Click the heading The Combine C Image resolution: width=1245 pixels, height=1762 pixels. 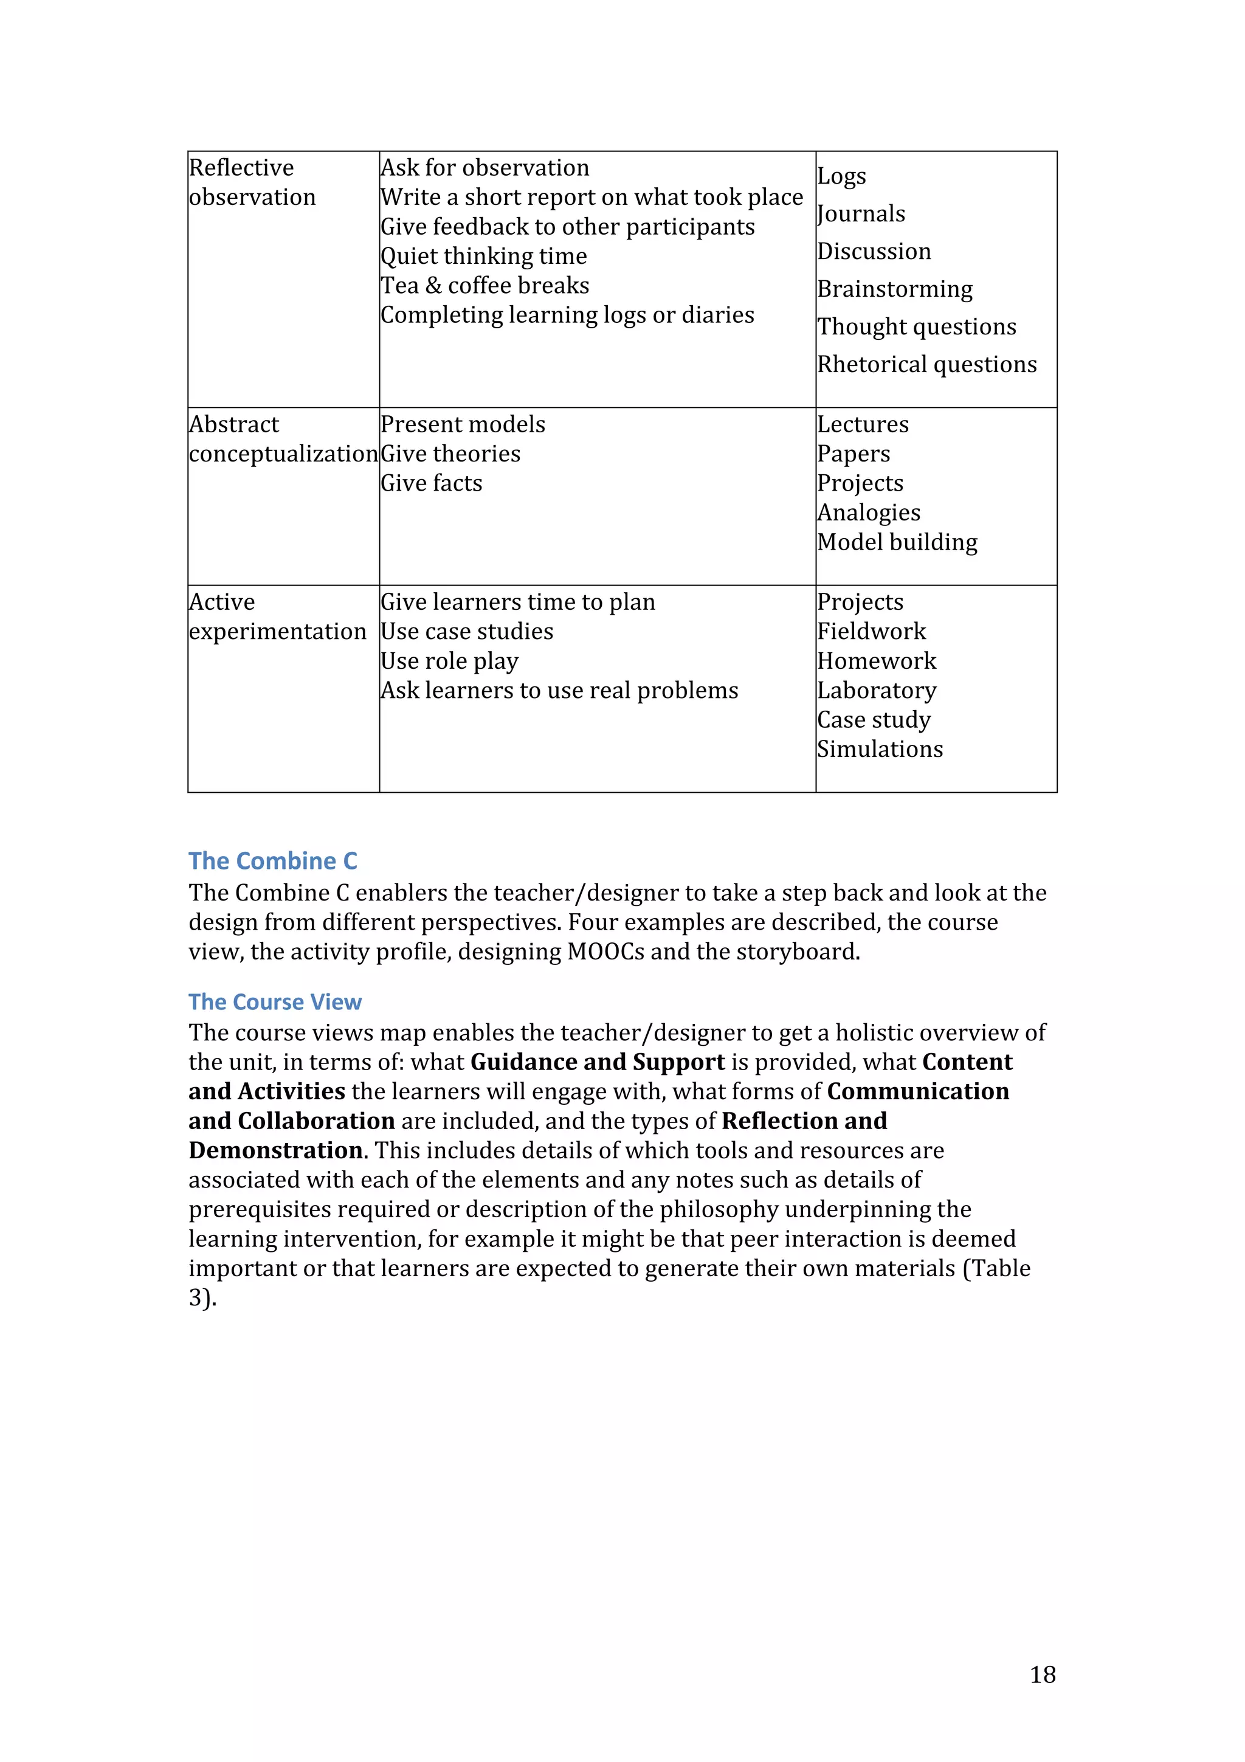tap(272, 861)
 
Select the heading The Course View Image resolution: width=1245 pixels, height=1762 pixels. tap(275, 1001)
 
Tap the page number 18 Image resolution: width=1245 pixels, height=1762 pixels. tap(1043, 1674)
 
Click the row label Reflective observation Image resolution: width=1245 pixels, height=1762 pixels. tap(252, 182)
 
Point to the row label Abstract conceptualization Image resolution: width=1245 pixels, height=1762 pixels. tap(283, 439)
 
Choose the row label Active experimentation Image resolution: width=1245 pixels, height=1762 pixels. tap(277, 617)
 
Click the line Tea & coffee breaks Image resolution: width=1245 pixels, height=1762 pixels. tap(485, 286)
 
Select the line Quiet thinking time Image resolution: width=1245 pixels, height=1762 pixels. tap(483, 257)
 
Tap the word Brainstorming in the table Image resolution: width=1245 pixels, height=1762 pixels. tap(894, 289)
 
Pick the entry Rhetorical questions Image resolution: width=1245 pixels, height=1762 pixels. tap(926, 365)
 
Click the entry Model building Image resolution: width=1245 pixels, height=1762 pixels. tap(897, 542)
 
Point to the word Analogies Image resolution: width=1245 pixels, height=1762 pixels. tap(868, 513)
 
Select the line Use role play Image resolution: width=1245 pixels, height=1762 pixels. tap(449, 661)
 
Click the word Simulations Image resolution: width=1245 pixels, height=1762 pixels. tap(880, 749)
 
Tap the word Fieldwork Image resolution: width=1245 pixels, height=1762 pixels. tap(871, 632)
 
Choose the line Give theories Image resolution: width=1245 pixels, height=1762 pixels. tap(450, 454)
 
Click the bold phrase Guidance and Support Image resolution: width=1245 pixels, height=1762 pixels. tap(597, 1062)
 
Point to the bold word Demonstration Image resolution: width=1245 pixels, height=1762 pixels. tap(276, 1150)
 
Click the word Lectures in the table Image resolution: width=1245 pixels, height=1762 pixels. tap(862, 424)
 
